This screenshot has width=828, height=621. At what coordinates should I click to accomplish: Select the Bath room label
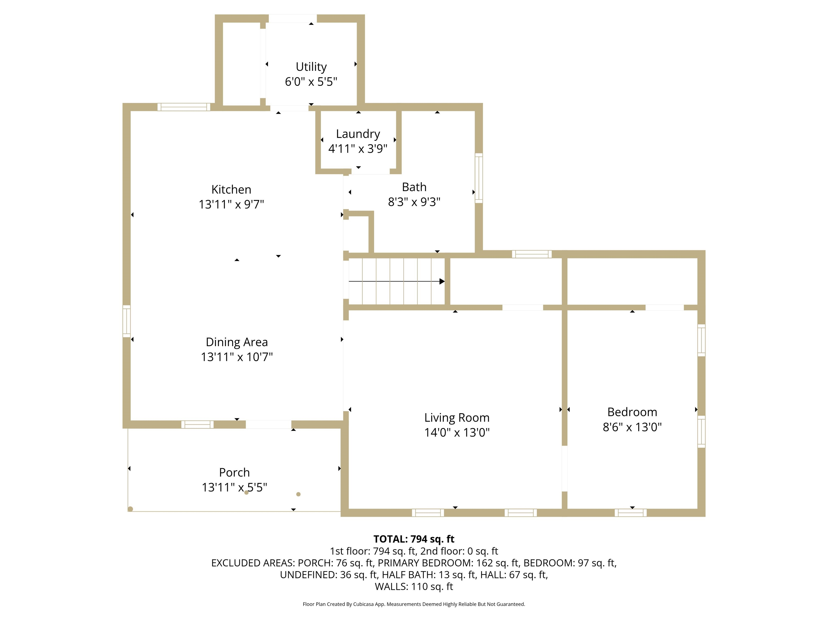(x=414, y=187)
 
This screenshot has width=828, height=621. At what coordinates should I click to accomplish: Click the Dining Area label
(x=237, y=342)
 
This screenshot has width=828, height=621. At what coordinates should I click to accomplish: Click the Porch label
(x=234, y=472)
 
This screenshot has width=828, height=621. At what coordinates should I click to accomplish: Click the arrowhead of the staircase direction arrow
(x=442, y=281)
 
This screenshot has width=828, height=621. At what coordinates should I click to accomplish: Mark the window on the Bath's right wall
(x=479, y=178)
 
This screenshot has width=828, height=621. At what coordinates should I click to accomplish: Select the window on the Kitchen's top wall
(x=184, y=107)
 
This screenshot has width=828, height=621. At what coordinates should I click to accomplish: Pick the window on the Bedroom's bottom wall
(x=630, y=513)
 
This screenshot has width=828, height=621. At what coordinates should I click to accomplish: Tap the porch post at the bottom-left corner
(x=130, y=509)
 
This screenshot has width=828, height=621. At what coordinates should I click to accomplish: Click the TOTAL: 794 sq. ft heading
(x=414, y=539)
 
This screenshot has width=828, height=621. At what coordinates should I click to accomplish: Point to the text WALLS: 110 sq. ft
(x=414, y=586)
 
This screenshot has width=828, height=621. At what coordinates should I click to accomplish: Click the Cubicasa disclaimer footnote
(x=414, y=604)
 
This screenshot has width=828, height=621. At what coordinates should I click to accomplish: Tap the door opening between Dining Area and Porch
(x=268, y=425)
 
